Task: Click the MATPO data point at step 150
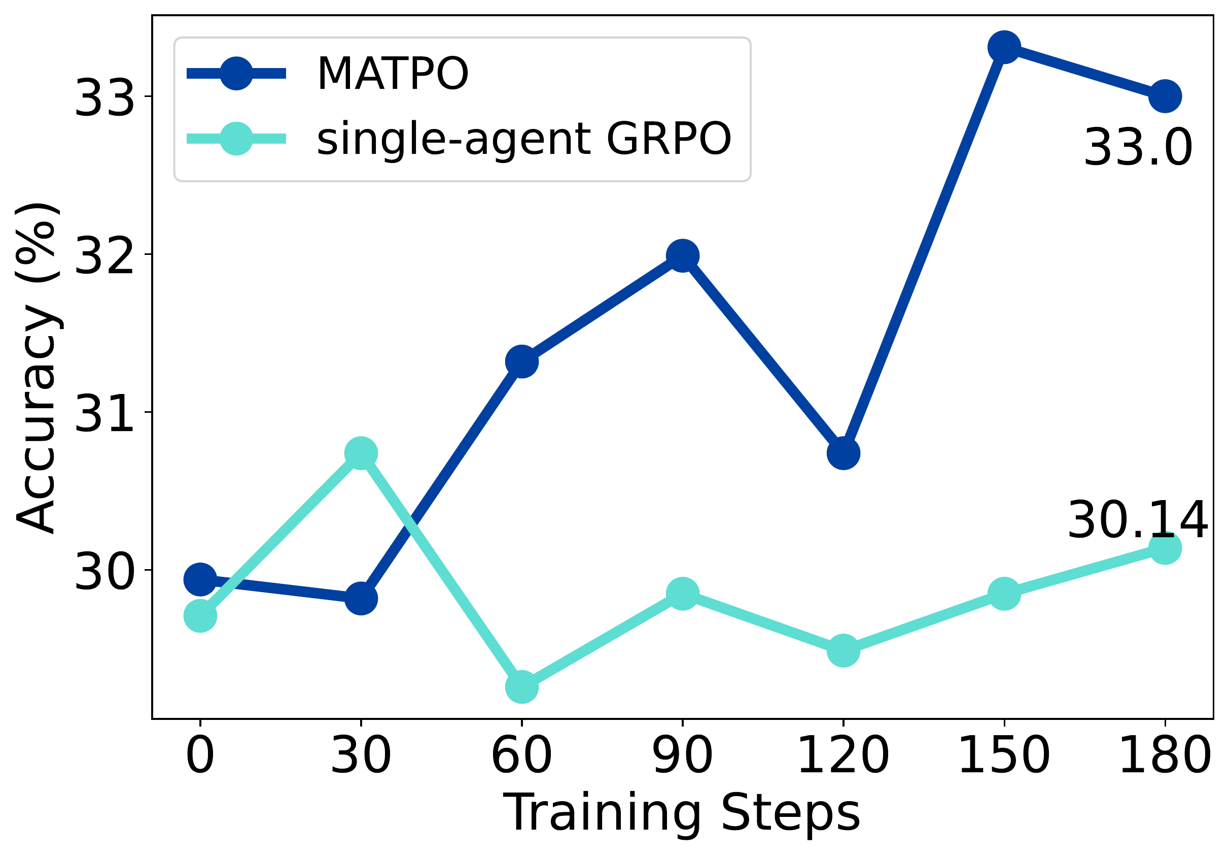click(x=1004, y=47)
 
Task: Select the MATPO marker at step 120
click(x=844, y=453)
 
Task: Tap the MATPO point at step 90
click(x=683, y=256)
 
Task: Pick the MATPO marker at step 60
click(x=522, y=361)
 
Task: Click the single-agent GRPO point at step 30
click(x=361, y=453)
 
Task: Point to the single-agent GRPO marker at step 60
click(x=522, y=687)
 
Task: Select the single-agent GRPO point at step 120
click(x=844, y=651)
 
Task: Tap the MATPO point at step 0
click(x=200, y=579)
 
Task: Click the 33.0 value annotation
click(x=1138, y=148)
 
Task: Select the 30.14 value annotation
click(x=1138, y=519)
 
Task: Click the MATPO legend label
click(x=393, y=74)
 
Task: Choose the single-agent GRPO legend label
click(x=524, y=139)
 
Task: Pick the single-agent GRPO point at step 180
click(x=1165, y=548)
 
